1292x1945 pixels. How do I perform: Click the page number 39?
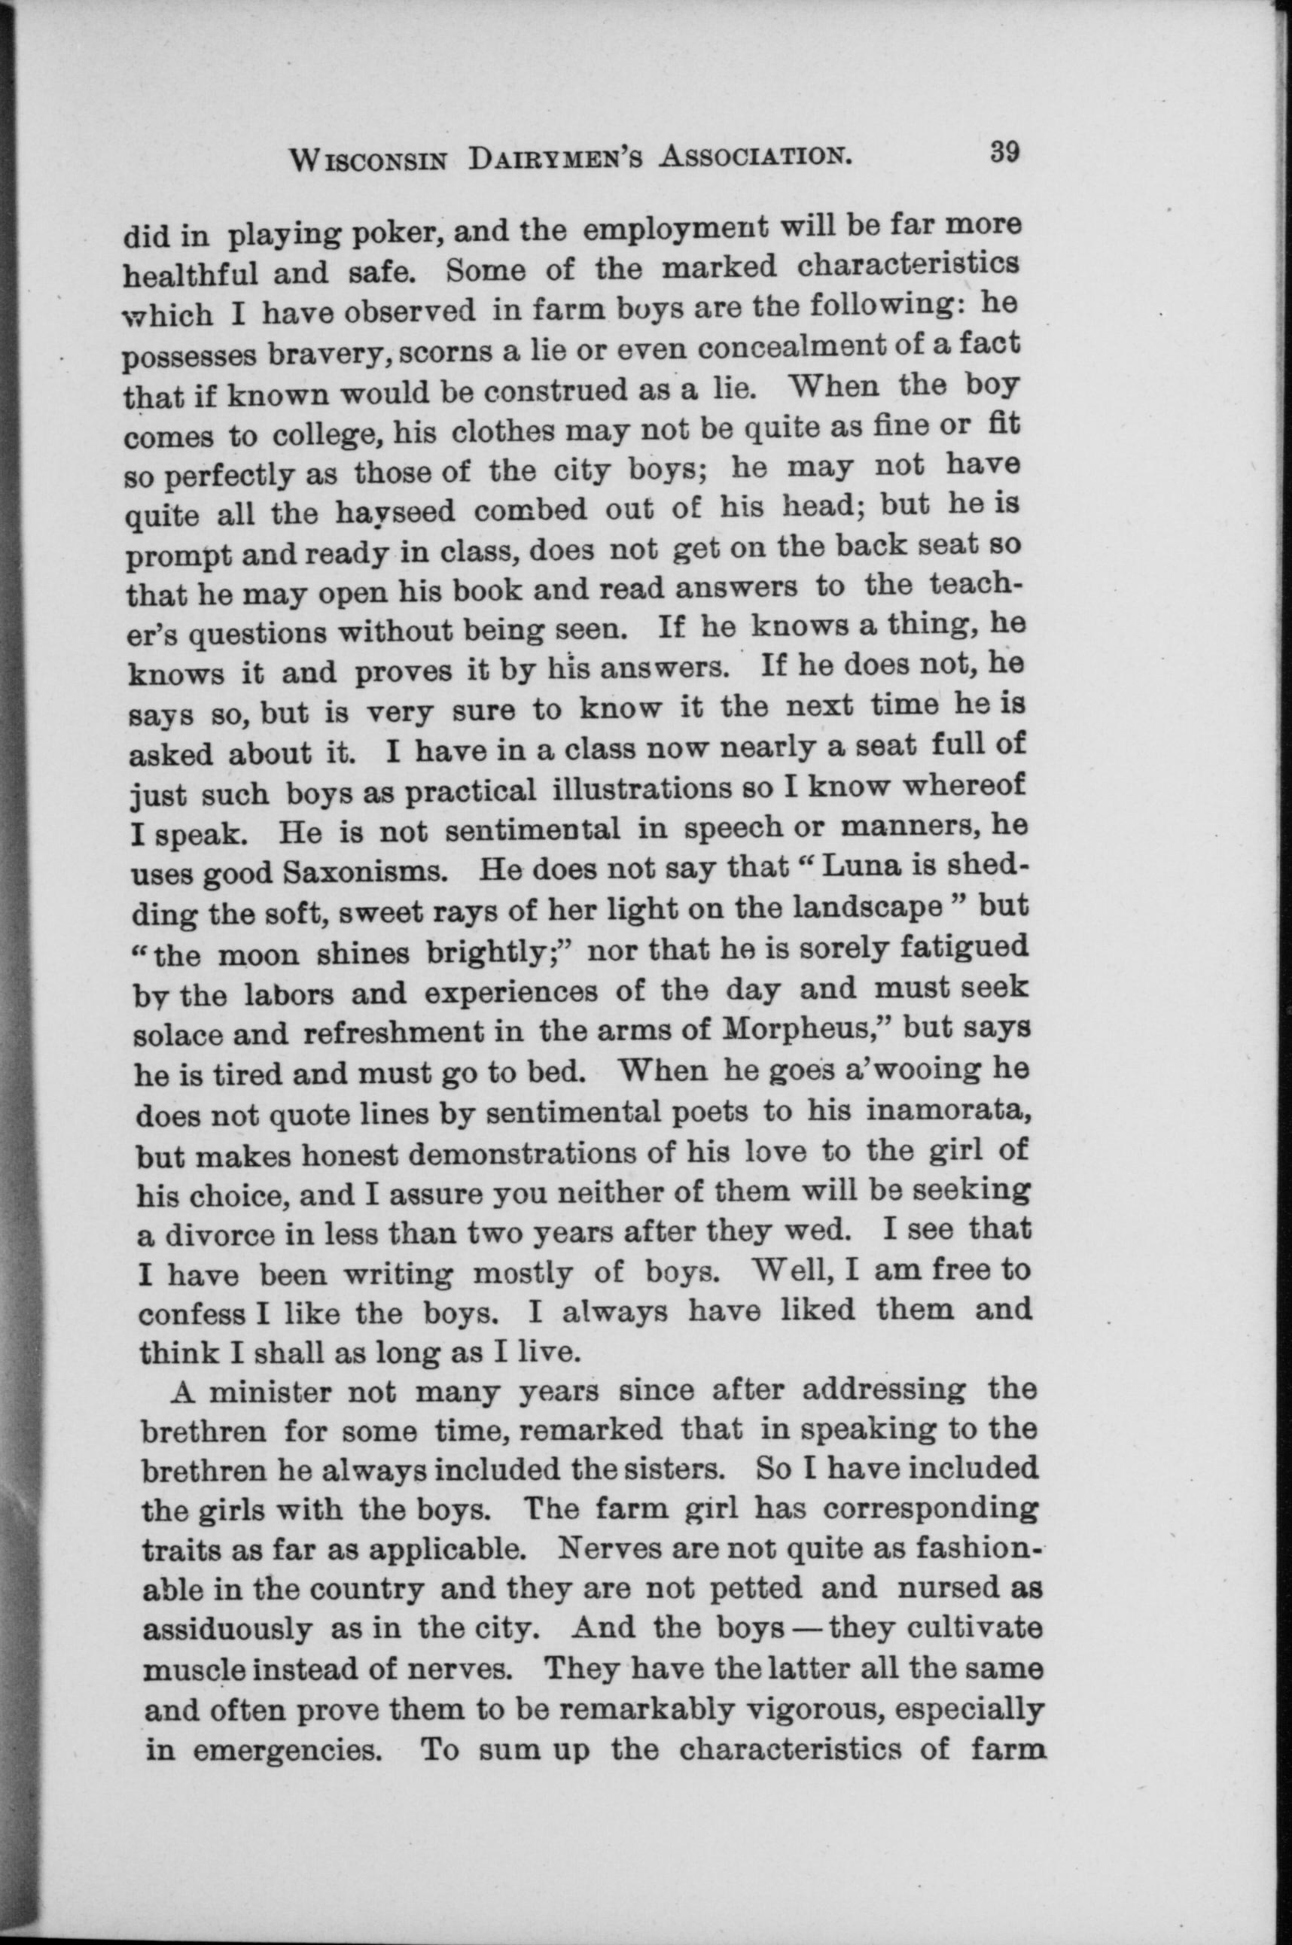[1004, 154]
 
